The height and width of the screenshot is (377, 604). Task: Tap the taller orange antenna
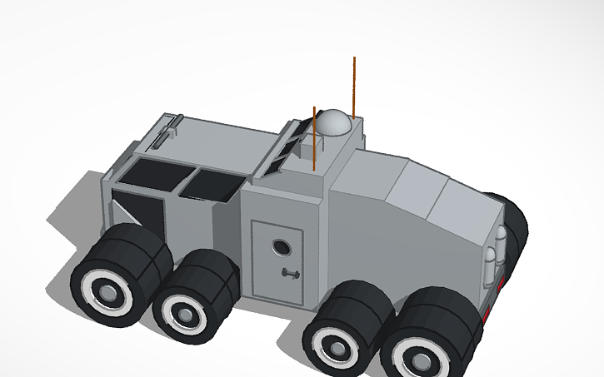[x=354, y=83]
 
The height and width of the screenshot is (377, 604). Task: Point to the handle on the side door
[x=290, y=274]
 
